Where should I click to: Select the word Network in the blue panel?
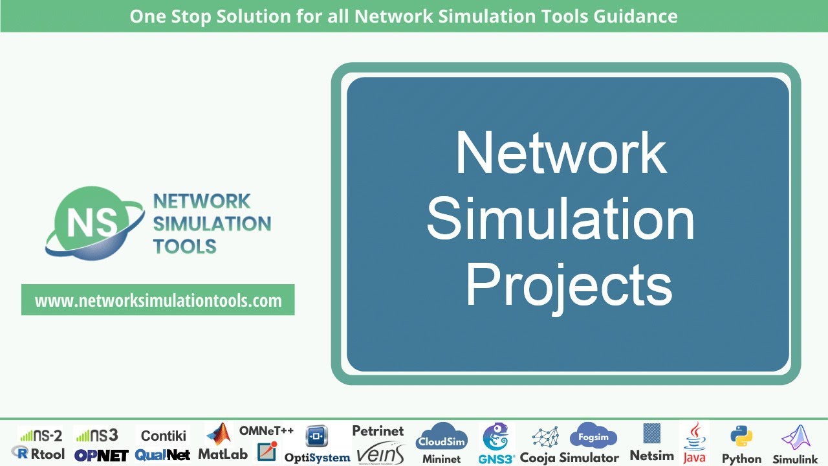[x=560, y=153]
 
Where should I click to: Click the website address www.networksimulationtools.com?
[x=158, y=300]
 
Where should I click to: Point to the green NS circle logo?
[x=85, y=221]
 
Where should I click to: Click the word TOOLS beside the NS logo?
[x=184, y=246]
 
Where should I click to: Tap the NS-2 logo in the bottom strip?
[x=40, y=435]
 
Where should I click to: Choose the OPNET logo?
[x=101, y=455]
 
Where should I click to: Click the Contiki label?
[x=163, y=436]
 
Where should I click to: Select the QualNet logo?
[x=162, y=455]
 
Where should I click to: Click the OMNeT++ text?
[x=266, y=430]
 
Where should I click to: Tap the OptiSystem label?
[x=317, y=458]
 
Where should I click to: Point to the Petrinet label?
[x=378, y=430]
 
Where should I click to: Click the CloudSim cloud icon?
[x=442, y=438]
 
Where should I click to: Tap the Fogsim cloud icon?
[x=593, y=436]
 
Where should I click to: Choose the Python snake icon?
[x=741, y=437]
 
